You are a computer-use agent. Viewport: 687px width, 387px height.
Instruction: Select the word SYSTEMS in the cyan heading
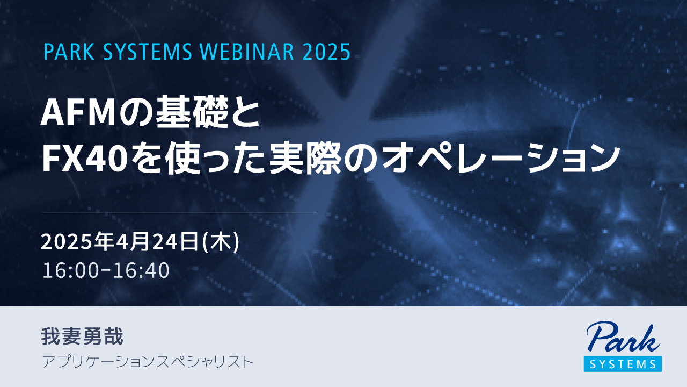pyautogui.click(x=145, y=52)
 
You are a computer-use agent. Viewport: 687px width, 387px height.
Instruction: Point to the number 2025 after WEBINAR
pyautogui.click(x=327, y=52)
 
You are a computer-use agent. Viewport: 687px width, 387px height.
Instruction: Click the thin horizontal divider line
pyautogui.click(x=179, y=212)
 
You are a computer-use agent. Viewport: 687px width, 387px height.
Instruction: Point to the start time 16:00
pyautogui.click(x=70, y=270)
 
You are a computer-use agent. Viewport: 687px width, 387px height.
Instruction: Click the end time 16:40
pyautogui.click(x=142, y=270)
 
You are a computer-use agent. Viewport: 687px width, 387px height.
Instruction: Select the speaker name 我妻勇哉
pyautogui.click(x=83, y=336)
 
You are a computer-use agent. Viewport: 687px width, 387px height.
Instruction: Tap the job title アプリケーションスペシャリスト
pyautogui.click(x=148, y=362)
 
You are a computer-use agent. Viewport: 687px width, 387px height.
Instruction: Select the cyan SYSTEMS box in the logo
pyautogui.click(x=623, y=364)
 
